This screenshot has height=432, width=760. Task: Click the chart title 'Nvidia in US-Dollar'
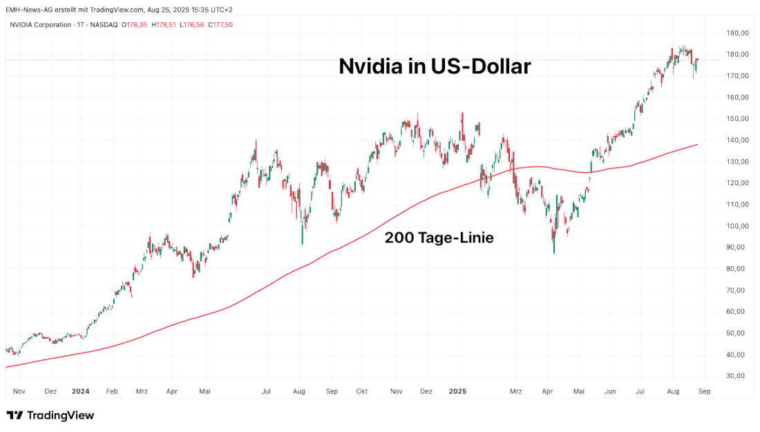[x=435, y=66]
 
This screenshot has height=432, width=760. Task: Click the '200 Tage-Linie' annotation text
[x=439, y=238]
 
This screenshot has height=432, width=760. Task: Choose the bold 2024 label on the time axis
[x=81, y=391]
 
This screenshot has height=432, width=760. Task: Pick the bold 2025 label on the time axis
[x=457, y=391]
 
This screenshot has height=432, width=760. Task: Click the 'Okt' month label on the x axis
[x=361, y=391]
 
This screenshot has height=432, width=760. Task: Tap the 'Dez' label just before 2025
[x=426, y=391]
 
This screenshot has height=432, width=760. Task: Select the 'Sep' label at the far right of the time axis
[x=704, y=391]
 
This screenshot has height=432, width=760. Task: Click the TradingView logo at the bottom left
[x=50, y=415]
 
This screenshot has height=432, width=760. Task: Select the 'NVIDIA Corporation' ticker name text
[x=41, y=25]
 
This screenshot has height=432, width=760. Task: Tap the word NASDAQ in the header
[x=104, y=25]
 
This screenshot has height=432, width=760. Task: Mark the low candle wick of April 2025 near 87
[x=554, y=252]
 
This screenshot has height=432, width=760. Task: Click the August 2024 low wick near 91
[x=303, y=243]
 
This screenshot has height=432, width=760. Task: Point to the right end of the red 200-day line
[x=696, y=144]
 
